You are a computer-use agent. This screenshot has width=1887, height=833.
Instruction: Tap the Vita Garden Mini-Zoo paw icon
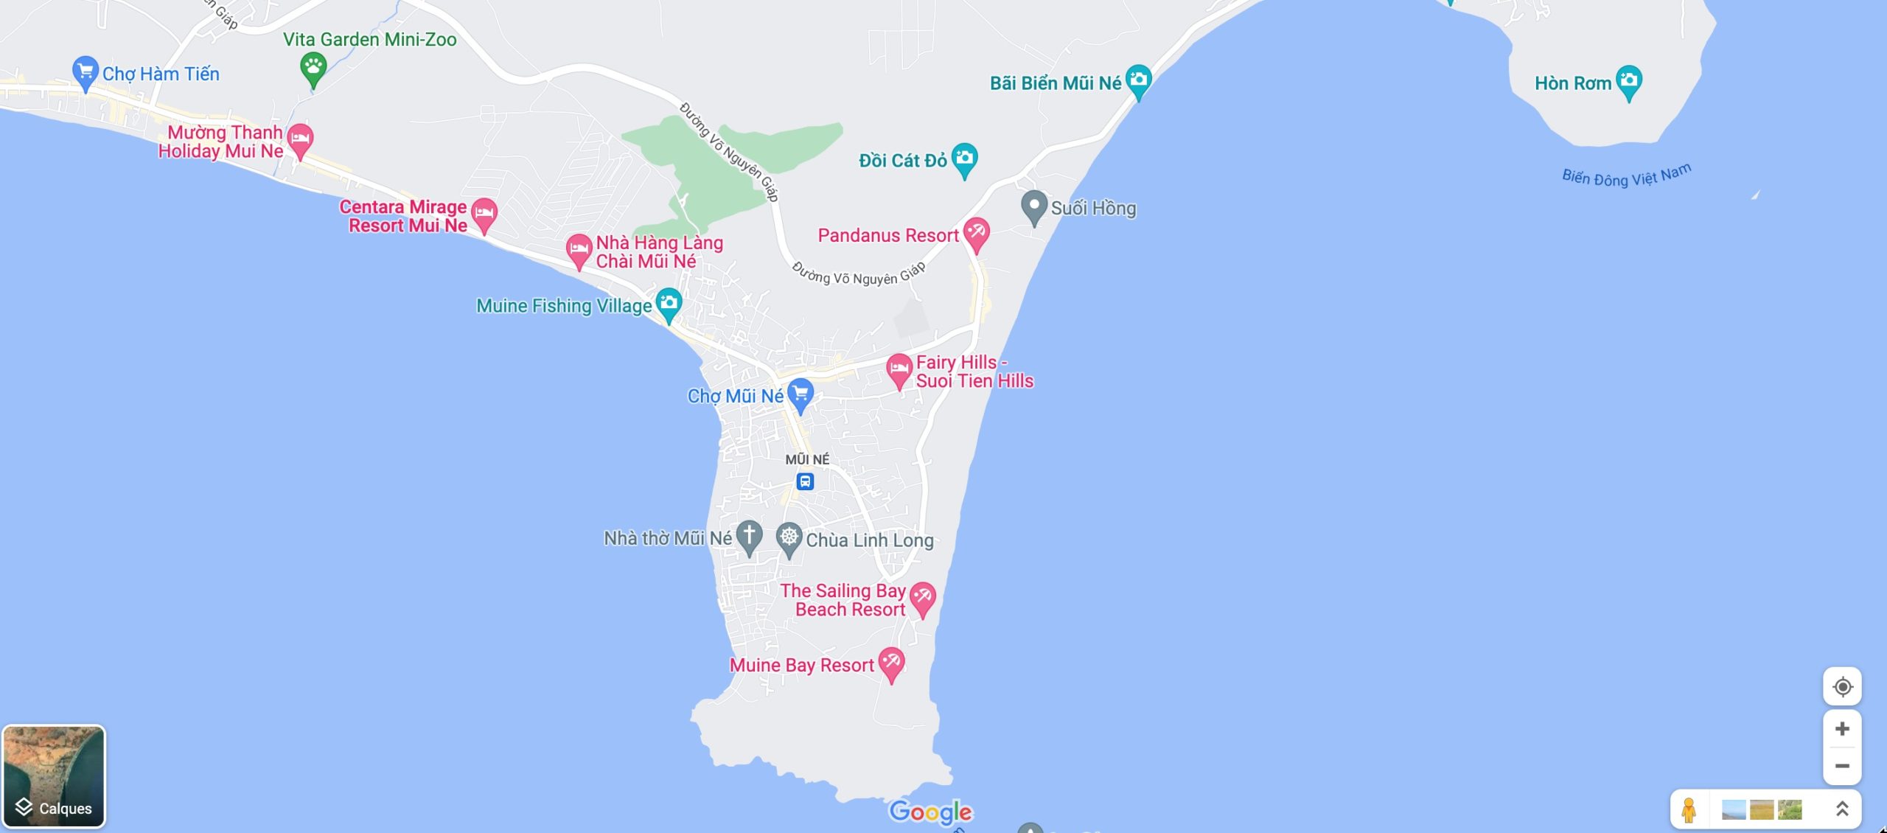pyautogui.click(x=313, y=69)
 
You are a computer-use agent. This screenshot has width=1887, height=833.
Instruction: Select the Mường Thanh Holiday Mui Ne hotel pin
pyautogui.click(x=300, y=139)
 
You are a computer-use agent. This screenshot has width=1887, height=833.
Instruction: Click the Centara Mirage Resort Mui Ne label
pyautogui.click(x=404, y=216)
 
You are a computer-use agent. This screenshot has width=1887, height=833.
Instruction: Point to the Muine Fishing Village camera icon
pyautogui.click(x=669, y=303)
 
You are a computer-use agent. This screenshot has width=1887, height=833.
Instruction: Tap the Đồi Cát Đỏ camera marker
pyautogui.click(x=964, y=158)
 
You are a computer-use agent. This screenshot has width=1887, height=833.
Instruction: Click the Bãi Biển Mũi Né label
pyautogui.click(x=1055, y=83)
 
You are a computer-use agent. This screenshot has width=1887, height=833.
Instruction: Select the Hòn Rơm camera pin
pyautogui.click(x=1628, y=80)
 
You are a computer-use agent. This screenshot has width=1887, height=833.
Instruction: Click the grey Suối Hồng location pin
pyautogui.click(x=1033, y=206)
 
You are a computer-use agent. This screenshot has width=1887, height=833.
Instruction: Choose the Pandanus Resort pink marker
pyautogui.click(x=976, y=233)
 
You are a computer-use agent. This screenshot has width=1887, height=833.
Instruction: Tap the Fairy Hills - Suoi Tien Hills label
pyautogui.click(x=974, y=372)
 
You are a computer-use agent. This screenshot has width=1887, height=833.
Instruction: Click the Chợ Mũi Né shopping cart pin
pyautogui.click(x=800, y=393)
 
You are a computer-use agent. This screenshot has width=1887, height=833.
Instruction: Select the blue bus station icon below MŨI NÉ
pyautogui.click(x=805, y=482)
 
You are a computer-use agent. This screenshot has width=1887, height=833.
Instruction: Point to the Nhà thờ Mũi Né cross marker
pyautogui.click(x=749, y=536)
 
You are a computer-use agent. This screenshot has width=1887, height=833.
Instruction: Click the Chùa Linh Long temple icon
pyautogui.click(x=789, y=537)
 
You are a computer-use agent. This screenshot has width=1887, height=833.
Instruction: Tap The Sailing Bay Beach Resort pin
pyautogui.click(x=922, y=597)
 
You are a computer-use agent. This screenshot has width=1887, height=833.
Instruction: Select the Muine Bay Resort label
pyautogui.click(x=801, y=666)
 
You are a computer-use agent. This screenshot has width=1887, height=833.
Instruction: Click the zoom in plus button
pyautogui.click(x=1841, y=729)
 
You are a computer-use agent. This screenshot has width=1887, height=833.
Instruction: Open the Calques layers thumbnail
pyautogui.click(x=54, y=776)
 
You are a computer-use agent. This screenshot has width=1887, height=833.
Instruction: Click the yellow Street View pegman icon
pyautogui.click(x=1689, y=809)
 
